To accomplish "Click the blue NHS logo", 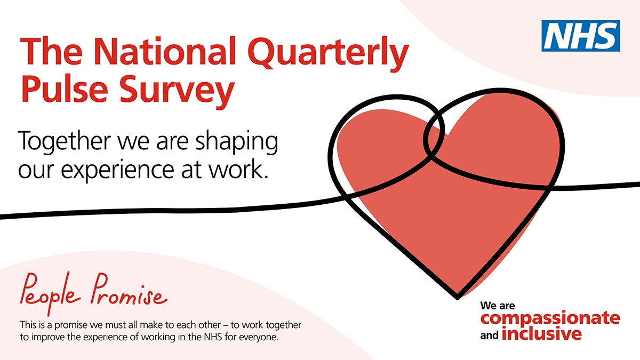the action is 581,36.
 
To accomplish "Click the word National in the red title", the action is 164,52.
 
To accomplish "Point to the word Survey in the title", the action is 177,91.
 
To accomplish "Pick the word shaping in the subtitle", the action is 237,142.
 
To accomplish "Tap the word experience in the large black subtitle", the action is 117,171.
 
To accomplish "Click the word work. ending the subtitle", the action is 238,169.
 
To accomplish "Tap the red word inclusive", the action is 541,333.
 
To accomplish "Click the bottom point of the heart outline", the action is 457,298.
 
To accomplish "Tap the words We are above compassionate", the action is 498,306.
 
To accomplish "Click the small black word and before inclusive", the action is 489,335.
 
